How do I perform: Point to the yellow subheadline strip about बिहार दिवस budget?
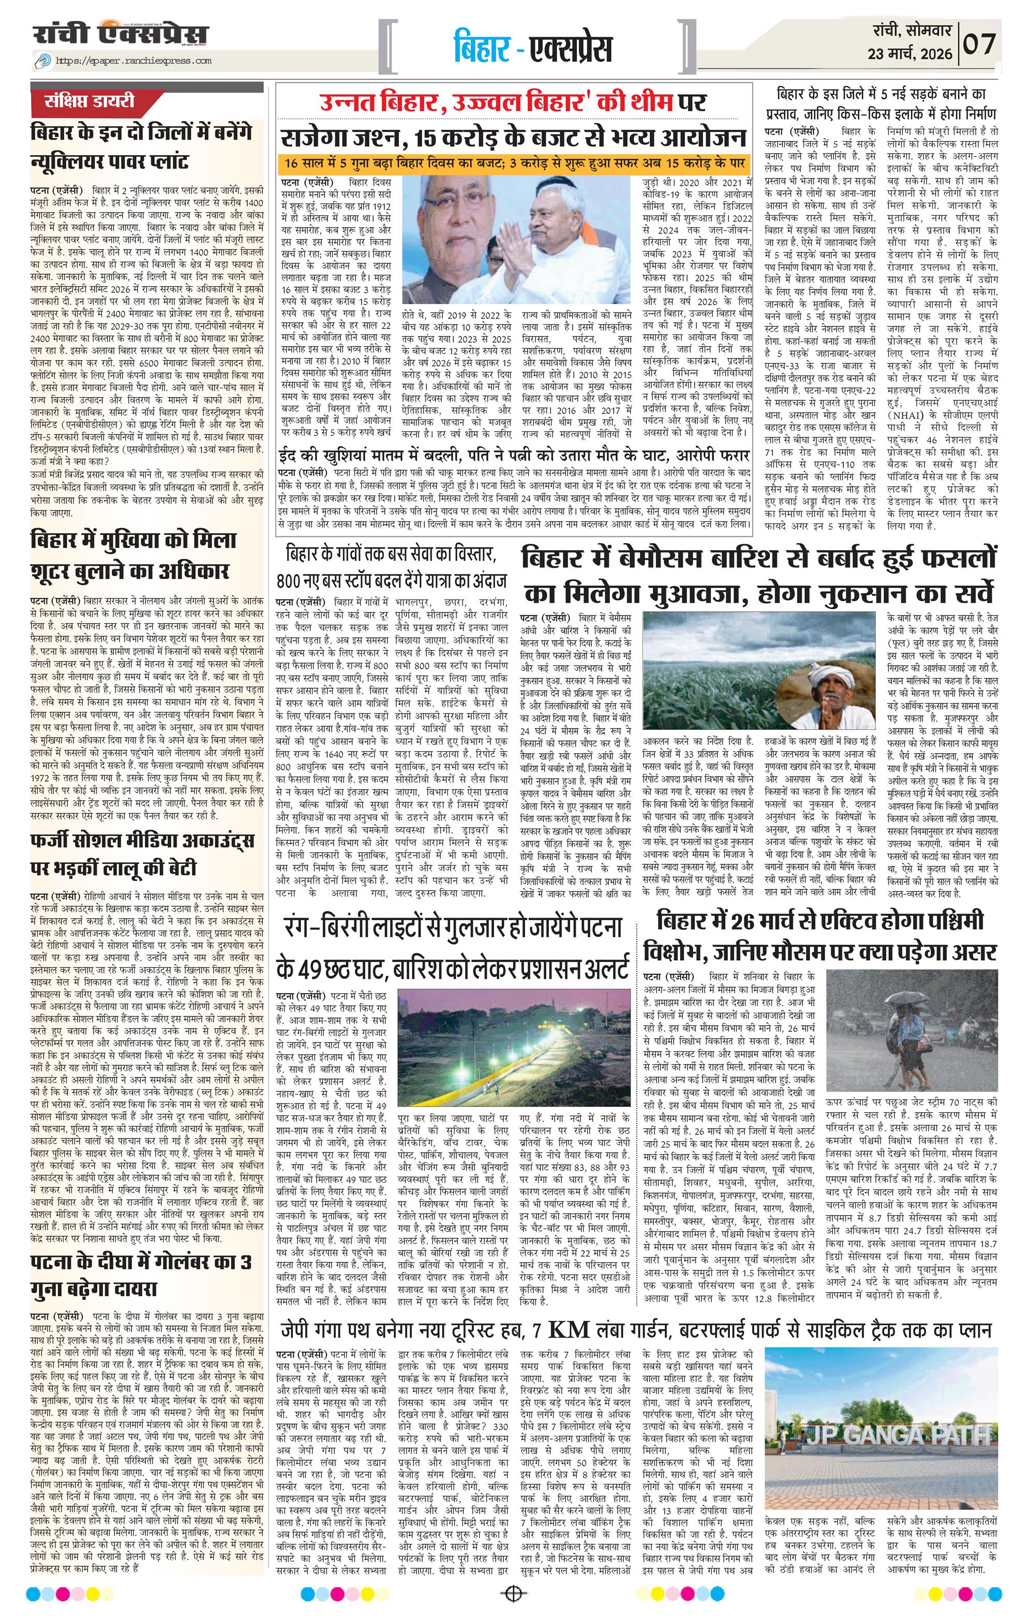tap(514, 164)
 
